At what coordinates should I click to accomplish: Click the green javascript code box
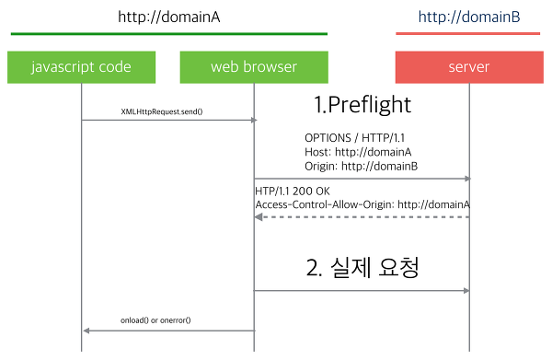(x=81, y=67)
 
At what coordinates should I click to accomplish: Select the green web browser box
(x=254, y=67)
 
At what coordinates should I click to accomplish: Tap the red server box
(x=468, y=67)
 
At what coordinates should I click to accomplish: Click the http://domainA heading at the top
(x=169, y=17)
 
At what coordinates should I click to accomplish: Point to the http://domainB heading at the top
(x=467, y=17)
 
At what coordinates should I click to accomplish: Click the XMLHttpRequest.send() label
(x=162, y=111)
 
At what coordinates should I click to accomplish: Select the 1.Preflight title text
(x=362, y=105)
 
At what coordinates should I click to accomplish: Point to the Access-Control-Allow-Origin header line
(x=362, y=204)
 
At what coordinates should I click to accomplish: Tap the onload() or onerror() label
(x=162, y=319)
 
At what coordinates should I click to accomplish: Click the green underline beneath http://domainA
(x=169, y=34)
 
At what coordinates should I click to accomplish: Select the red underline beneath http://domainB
(x=467, y=34)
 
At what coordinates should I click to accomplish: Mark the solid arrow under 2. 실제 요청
(x=362, y=291)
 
